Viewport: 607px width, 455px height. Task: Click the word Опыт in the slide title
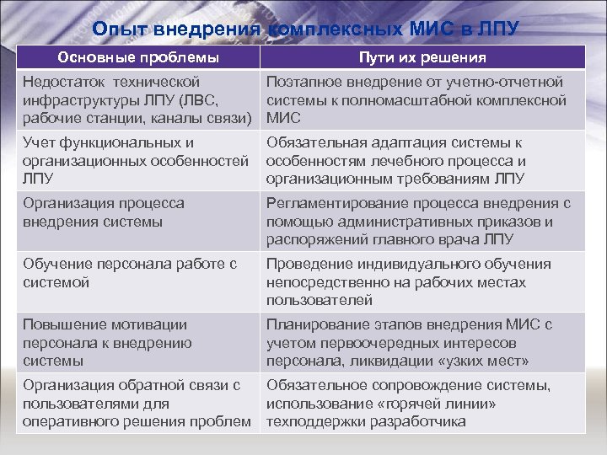(x=116, y=29)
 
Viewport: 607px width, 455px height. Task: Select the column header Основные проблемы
(x=138, y=57)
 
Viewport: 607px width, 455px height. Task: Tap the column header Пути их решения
(x=422, y=57)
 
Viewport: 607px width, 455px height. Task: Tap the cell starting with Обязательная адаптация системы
(x=422, y=160)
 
